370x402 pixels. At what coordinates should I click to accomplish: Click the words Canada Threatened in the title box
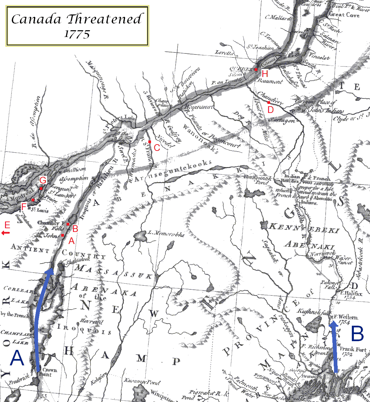click(x=77, y=19)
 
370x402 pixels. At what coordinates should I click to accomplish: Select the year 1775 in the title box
click(x=77, y=34)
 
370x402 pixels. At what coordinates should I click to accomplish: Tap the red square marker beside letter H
click(x=256, y=70)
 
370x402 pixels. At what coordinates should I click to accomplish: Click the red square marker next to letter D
click(x=269, y=102)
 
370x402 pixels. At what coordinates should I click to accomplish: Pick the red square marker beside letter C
click(x=150, y=142)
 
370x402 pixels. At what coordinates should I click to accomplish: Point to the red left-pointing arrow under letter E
click(x=6, y=233)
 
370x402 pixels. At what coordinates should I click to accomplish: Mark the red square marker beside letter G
click(x=41, y=189)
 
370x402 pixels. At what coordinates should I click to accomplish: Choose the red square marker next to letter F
click(x=33, y=200)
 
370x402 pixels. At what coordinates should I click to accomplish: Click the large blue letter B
click(x=357, y=334)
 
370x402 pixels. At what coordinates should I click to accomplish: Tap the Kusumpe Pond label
click(x=142, y=382)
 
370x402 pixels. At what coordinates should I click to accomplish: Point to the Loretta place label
click(x=225, y=53)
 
